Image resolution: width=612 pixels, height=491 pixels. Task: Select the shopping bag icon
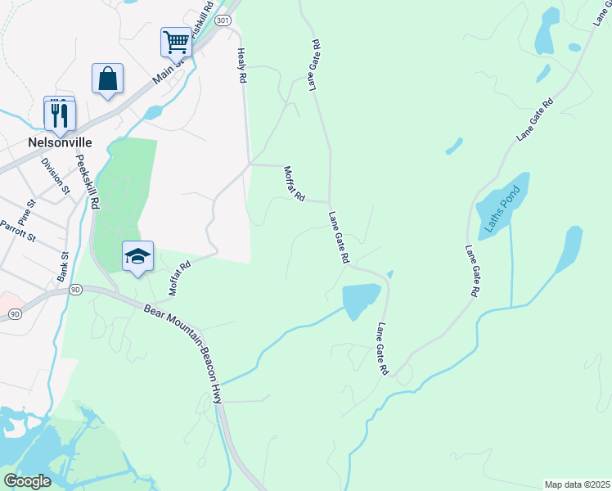[107, 79]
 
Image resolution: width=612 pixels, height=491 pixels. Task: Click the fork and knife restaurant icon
[60, 115]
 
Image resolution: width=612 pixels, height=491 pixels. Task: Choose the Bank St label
[62, 266]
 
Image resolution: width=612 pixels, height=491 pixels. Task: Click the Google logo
[27, 481]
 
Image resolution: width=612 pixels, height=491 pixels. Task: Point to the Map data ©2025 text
[577, 484]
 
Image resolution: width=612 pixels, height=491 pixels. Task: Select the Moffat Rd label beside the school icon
[179, 277]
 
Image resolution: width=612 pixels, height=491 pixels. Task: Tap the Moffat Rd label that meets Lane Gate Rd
[295, 184]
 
